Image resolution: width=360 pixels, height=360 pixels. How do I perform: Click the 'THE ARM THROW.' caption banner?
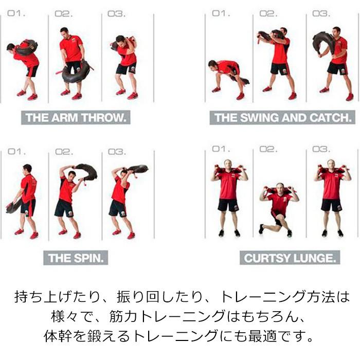point(76,117)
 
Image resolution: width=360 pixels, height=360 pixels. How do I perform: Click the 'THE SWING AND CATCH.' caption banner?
point(282,117)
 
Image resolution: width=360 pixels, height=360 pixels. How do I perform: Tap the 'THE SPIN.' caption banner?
point(76,257)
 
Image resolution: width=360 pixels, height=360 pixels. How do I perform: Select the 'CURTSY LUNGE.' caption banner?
point(290,257)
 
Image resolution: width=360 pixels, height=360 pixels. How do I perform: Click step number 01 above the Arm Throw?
point(16,14)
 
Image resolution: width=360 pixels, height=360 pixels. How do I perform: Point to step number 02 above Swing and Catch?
point(268,14)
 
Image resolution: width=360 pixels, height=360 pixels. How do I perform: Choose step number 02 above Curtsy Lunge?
point(268,149)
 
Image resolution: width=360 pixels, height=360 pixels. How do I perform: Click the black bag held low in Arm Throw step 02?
point(75,73)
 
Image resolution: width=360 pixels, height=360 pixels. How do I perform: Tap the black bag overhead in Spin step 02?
point(85,171)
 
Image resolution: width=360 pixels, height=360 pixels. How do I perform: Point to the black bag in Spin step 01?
point(13,206)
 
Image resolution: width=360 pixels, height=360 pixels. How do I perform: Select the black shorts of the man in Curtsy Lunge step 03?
point(331,205)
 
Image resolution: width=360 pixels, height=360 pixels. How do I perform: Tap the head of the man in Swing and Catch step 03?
point(337,32)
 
